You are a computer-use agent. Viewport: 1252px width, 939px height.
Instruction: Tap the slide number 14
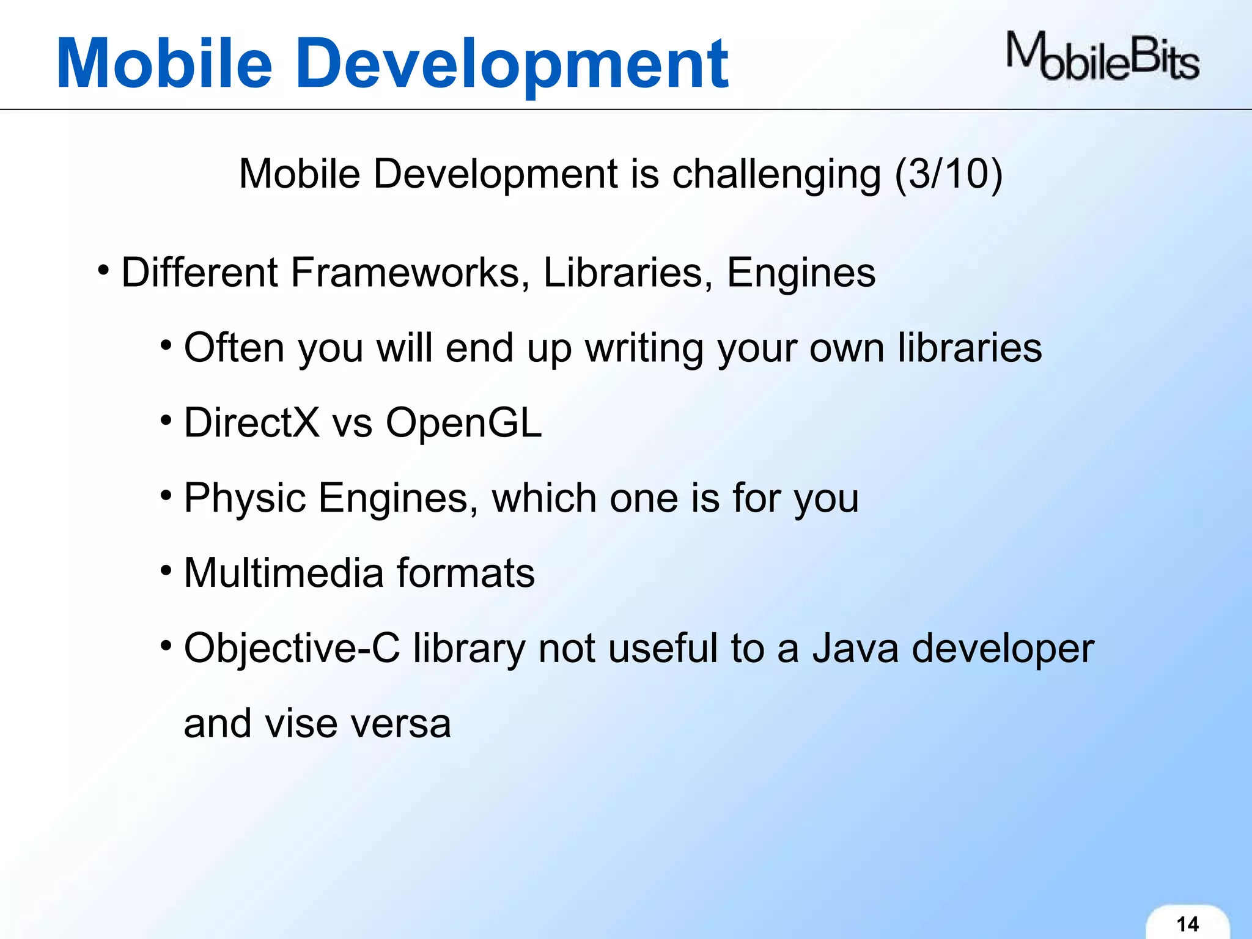pyautogui.click(x=1187, y=924)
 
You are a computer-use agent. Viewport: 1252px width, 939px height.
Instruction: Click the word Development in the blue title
pyautogui.click(x=514, y=64)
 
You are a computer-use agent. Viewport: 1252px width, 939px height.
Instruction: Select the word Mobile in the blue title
pyautogui.click(x=164, y=64)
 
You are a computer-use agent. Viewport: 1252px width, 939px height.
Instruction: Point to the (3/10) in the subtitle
pyautogui.click(x=948, y=174)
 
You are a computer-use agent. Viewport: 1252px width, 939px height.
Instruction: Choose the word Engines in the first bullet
pyautogui.click(x=801, y=273)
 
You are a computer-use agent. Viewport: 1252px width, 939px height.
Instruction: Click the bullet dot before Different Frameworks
pyautogui.click(x=104, y=269)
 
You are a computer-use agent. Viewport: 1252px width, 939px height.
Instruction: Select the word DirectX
pyautogui.click(x=251, y=422)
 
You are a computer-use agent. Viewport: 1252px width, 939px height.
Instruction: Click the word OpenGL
pyautogui.click(x=463, y=424)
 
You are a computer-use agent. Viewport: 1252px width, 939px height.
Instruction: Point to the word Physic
pyautogui.click(x=245, y=499)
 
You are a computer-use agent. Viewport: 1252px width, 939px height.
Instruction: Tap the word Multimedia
pyautogui.click(x=283, y=573)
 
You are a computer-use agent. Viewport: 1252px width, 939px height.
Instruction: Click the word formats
pyautogui.click(x=466, y=573)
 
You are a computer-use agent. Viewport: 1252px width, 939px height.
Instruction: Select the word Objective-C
pyautogui.click(x=292, y=648)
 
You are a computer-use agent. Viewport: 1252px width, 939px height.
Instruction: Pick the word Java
pyautogui.click(x=855, y=648)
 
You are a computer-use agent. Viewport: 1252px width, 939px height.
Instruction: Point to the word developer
pyautogui.click(x=1003, y=649)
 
